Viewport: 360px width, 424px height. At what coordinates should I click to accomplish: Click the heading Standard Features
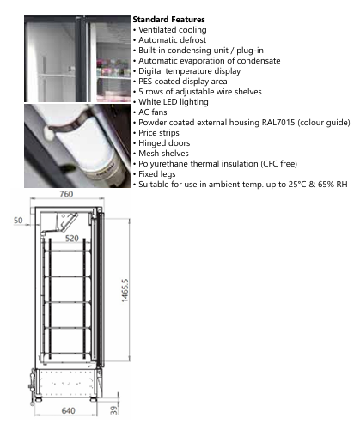pos(168,20)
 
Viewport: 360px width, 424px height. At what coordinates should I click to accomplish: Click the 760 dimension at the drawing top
pos(66,194)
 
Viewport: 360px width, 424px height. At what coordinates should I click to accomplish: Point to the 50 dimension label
pos(18,221)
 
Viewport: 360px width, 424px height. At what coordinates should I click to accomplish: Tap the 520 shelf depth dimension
pos(72,239)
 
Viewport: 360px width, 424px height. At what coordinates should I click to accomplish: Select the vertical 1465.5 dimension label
pos(125,290)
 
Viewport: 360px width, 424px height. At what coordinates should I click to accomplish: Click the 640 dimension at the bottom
pos(69,410)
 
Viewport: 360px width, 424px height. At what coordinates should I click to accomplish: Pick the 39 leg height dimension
pos(114,410)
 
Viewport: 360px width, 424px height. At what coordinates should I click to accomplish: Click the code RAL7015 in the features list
pos(278,123)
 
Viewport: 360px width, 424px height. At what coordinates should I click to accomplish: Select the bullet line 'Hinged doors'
pos(162,143)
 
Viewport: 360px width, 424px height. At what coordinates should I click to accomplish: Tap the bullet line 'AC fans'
pos(150,112)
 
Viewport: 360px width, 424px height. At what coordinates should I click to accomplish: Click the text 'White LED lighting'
pos(174,102)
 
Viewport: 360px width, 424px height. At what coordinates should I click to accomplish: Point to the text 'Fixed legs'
pos(157,174)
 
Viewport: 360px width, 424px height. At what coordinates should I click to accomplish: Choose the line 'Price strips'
pos(156,133)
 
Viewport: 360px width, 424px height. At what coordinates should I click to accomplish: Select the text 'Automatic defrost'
pos(173,40)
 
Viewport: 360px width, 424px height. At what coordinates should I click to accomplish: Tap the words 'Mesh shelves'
pos(163,154)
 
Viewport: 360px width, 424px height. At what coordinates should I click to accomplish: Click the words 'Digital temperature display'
pos(190,71)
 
